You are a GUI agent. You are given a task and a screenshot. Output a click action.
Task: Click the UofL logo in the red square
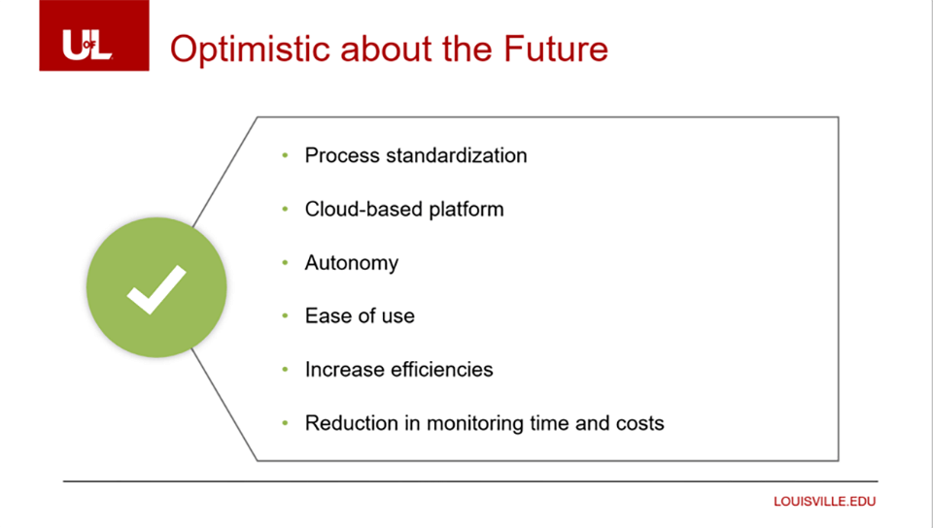[x=86, y=45]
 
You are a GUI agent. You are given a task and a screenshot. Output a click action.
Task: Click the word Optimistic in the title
[x=251, y=49]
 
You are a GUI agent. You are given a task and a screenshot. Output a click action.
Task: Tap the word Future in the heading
[x=556, y=49]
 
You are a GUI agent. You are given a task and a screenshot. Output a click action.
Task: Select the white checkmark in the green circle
[x=156, y=289]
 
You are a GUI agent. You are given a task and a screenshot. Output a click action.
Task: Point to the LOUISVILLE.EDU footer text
[x=825, y=501]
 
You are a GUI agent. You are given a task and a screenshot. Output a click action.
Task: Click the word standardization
[x=457, y=155]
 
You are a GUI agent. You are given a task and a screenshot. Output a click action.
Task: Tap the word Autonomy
[x=352, y=263]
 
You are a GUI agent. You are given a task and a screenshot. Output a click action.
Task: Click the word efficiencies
[x=441, y=370]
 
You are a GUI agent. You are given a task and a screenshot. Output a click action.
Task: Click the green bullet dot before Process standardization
[x=285, y=155]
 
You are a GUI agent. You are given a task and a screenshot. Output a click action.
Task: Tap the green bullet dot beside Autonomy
[x=285, y=262]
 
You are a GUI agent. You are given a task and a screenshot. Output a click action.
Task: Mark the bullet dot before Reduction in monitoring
[x=285, y=423]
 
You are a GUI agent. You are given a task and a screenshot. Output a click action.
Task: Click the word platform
[x=466, y=210]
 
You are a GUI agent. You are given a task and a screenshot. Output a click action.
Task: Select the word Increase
[x=344, y=370]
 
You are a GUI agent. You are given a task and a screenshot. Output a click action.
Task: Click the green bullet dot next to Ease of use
[x=285, y=316]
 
